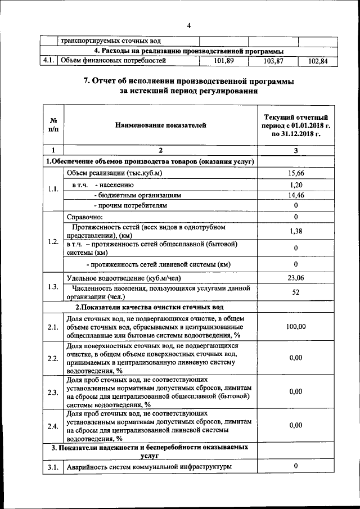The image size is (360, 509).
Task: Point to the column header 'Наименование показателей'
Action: point(161,125)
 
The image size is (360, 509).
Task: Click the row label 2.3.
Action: point(53,392)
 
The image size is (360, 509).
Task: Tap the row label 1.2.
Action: point(53,242)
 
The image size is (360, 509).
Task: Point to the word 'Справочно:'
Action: point(84,217)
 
